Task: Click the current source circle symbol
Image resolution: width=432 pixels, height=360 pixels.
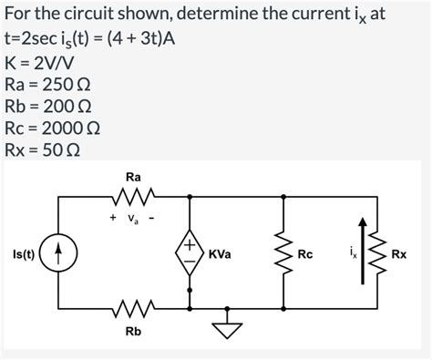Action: pyautogui.click(x=61, y=253)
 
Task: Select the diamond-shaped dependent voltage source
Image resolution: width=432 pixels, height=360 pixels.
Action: pyautogui.click(x=190, y=253)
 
